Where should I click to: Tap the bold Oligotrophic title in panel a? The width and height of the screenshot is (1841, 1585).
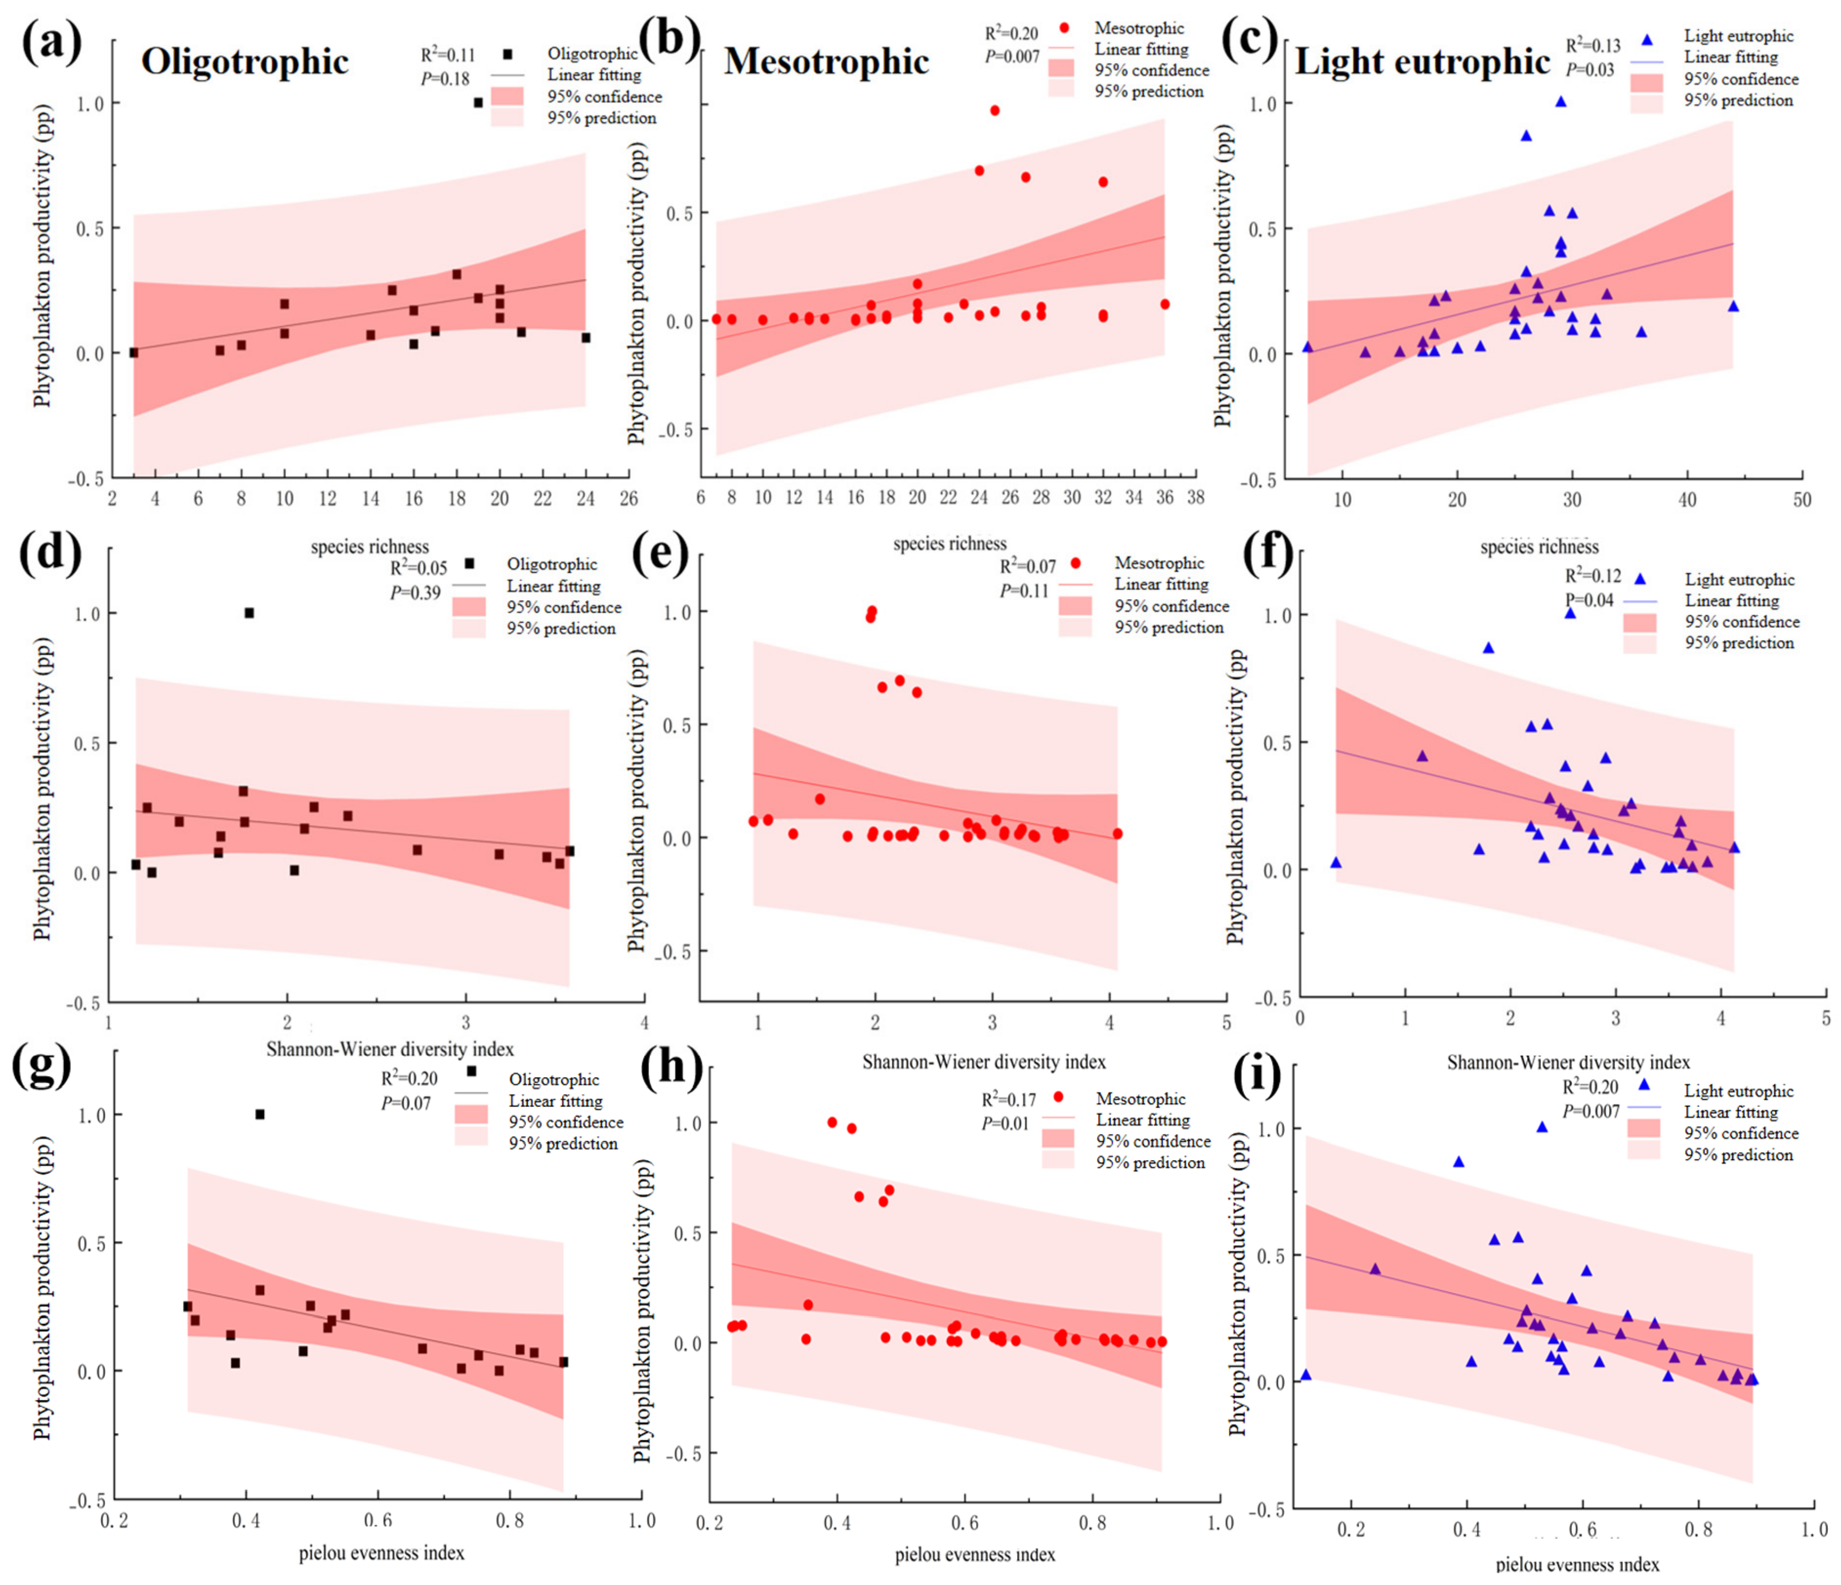tap(245, 62)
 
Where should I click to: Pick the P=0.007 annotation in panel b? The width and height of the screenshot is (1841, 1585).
tap(1012, 57)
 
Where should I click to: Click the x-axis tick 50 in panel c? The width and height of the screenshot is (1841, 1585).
tap(1802, 500)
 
